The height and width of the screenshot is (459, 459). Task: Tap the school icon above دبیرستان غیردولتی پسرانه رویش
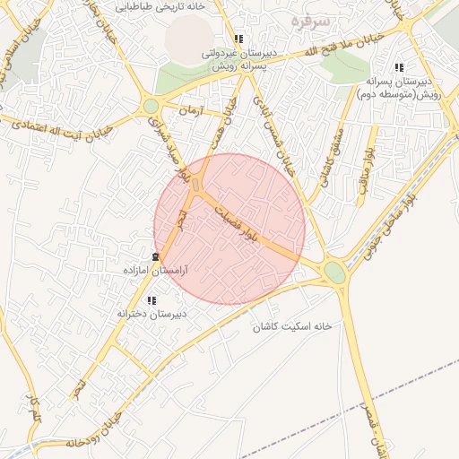point(238,39)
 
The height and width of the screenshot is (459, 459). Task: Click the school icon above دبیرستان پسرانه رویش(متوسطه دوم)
point(399,67)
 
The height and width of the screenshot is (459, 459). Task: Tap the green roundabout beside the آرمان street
point(151,107)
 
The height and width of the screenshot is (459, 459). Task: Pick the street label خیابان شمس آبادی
point(272,126)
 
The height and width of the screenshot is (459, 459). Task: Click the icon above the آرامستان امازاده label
point(157,257)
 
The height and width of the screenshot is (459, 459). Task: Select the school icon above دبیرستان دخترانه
point(152,301)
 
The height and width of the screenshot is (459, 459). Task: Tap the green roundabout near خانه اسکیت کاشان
point(335,272)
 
